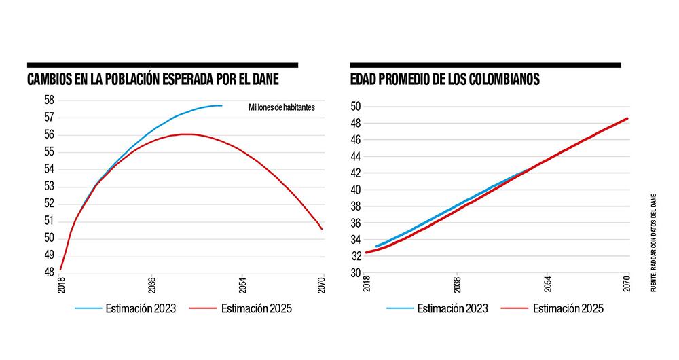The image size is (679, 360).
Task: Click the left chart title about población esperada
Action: [153, 79]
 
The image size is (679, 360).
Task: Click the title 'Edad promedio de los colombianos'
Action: [445, 79]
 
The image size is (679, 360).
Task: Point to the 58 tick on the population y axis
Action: [49, 100]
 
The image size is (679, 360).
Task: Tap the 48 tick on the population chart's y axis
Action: [49, 272]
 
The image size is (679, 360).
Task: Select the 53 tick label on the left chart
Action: [49, 186]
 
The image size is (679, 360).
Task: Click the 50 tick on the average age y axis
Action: [354, 107]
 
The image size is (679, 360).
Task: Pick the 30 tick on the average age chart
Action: [354, 273]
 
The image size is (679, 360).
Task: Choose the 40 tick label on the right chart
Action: [354, 190]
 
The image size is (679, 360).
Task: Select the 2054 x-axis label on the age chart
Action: [547, 284]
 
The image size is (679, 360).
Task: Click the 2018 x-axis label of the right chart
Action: [367, 284]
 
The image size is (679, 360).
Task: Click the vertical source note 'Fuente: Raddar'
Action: [654, 241]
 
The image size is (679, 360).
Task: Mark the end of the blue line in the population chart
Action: [222, 105]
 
